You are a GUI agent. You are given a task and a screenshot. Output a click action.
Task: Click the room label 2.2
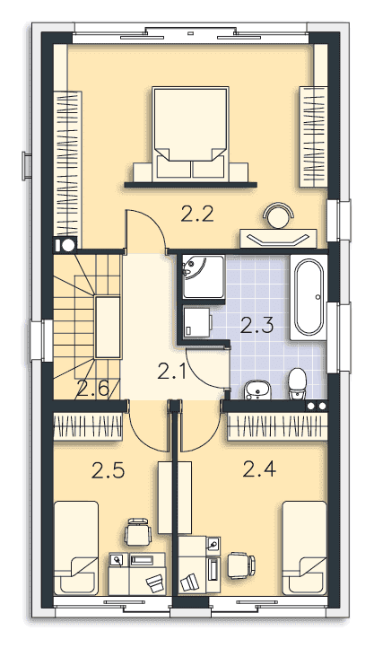point(197,215)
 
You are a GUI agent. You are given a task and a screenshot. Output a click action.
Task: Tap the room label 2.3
point(257,325)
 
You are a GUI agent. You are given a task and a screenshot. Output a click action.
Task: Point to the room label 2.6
point(92,390)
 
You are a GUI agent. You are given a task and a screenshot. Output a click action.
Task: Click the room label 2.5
point(109,470)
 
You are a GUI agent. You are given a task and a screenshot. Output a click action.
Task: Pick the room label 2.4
point(259,469)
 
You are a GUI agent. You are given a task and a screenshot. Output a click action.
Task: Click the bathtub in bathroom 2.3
point(309,297)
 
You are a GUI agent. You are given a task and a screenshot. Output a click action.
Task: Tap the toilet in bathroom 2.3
point(297,383)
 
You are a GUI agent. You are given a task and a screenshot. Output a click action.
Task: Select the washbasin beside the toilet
point(257,390)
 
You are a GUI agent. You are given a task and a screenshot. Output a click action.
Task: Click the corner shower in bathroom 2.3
point(204,277)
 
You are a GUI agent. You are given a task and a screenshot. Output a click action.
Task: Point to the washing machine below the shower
point(197,322)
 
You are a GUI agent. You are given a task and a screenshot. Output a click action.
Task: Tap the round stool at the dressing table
point(279,215)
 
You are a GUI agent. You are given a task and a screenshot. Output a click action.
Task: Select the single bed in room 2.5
point(76,548)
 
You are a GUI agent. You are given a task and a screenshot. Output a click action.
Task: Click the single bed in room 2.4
point(305,548)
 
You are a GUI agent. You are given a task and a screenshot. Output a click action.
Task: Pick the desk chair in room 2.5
point(138,531)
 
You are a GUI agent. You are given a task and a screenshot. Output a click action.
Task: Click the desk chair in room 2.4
point(242,565)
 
